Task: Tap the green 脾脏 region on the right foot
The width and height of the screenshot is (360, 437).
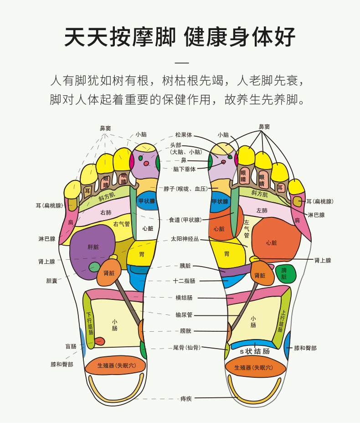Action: point(284,273)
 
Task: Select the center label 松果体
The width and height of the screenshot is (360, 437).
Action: point(184,135)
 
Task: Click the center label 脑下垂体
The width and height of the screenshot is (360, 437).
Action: point(184,169)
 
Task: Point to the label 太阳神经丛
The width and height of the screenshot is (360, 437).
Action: point(185,238)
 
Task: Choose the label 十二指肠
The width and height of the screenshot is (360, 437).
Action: point(184,281)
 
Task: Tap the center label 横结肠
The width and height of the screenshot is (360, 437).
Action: point(184,298)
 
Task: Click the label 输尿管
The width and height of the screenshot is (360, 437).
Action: point(184,314)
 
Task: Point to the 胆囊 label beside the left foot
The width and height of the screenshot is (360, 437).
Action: point(51,281)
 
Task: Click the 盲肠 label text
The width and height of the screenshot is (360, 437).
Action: point(71,346)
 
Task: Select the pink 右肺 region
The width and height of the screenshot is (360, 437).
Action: point(106,212)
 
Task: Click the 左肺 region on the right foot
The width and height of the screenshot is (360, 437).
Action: point(262,211)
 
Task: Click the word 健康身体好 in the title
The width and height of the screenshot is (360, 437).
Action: point(240,36)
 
